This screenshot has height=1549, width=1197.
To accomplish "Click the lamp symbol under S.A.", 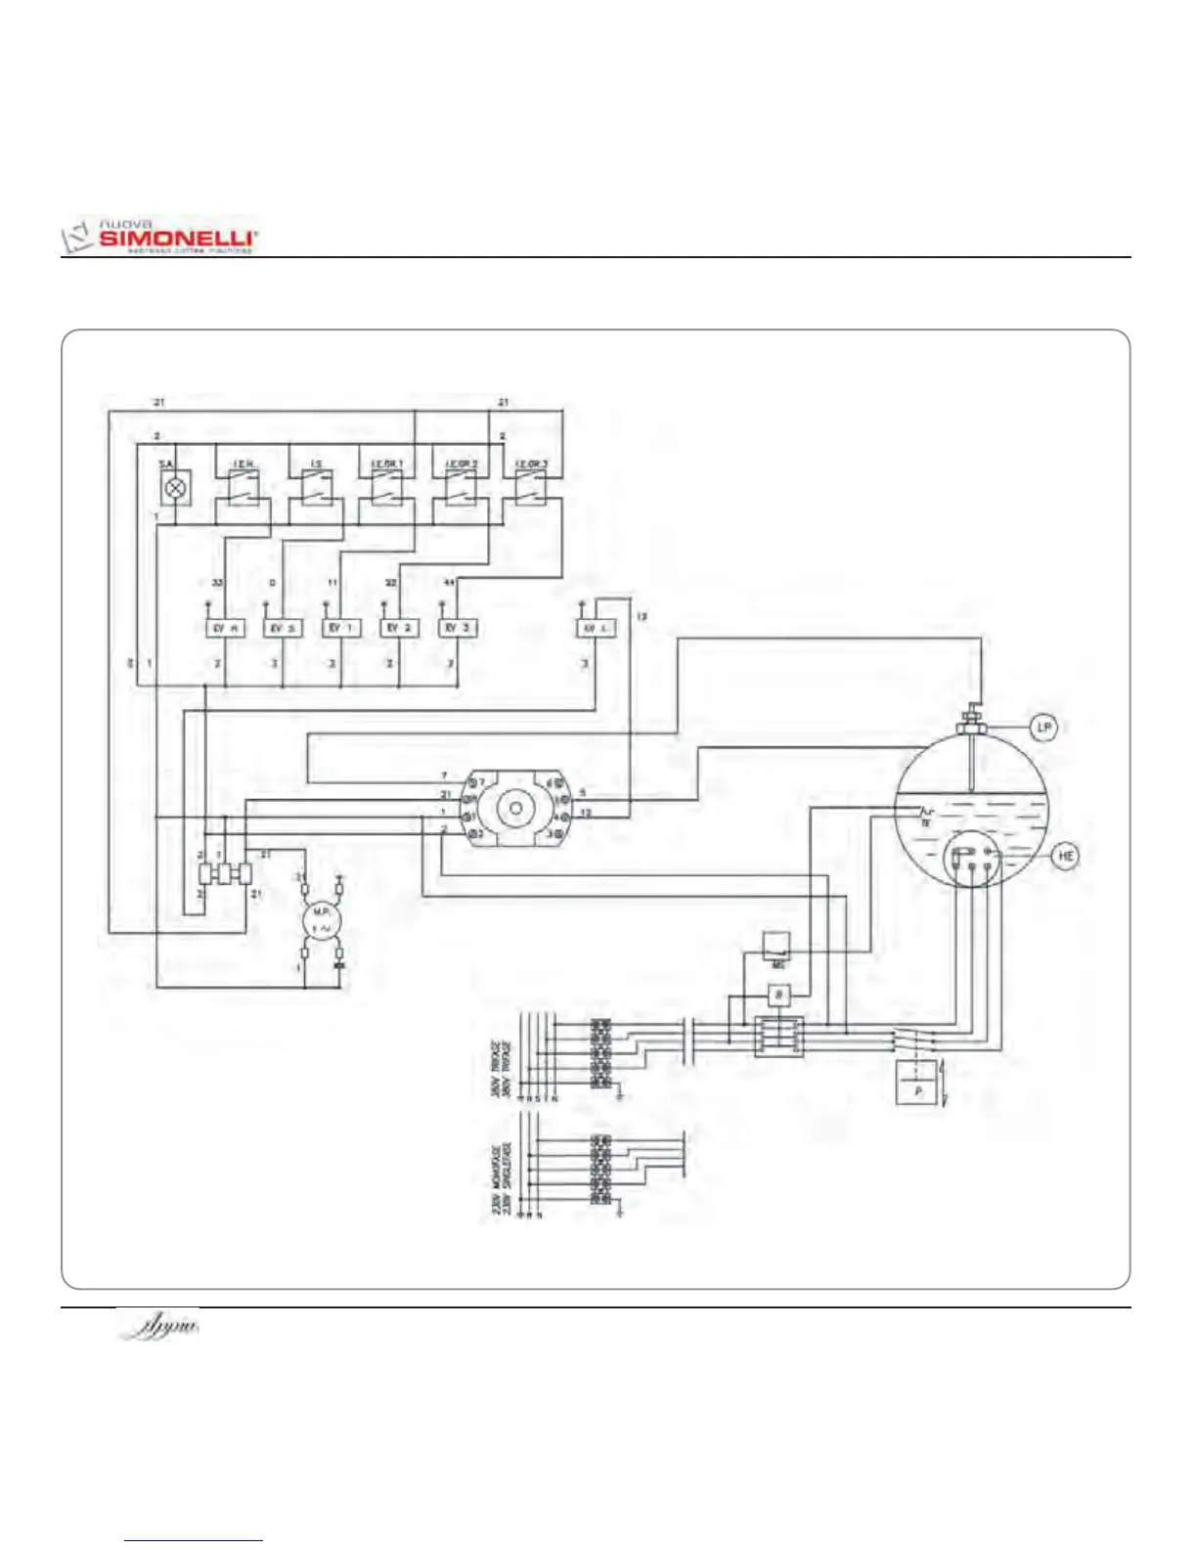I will tap(175, 486).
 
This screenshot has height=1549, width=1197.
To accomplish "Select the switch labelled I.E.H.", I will tap(243, 485).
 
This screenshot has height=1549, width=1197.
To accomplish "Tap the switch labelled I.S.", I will tap(316, 485).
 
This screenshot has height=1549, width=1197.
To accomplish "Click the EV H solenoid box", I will tap(225, 628).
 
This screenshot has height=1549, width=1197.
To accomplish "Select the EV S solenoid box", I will tap(283, 628).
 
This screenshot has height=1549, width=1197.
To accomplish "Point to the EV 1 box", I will tap(341, 628).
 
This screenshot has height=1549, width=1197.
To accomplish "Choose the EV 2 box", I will tap(399, 628).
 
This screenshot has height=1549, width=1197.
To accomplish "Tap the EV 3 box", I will tap(458, 628).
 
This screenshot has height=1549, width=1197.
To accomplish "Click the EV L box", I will tap(596, 628).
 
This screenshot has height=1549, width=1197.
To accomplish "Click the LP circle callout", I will tap(1044, 727).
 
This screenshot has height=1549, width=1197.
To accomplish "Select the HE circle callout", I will tap(1065, 856).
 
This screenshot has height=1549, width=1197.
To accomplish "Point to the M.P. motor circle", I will tap(321, 920).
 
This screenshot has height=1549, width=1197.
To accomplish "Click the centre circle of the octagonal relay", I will tap(514, 809).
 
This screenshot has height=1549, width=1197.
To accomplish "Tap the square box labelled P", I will tap(917, 1086).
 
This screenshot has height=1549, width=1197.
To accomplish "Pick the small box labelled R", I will tap(778, 996).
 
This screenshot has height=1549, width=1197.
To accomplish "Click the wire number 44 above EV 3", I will tap(449, 583).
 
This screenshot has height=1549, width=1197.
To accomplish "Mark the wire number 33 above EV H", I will tap(218, 583).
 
